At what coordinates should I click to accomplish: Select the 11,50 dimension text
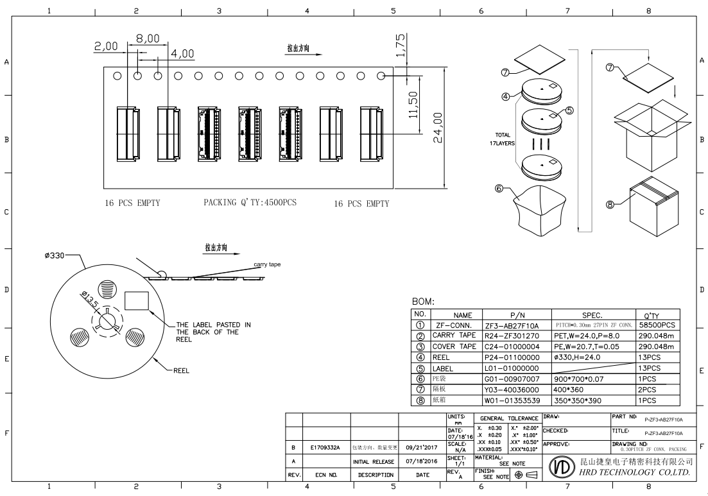(x=414, y=104)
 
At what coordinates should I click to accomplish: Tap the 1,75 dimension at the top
(x=400, y=46)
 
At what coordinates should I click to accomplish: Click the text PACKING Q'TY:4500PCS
(x=250, y=203)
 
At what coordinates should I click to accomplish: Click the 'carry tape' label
(x=267, y=264)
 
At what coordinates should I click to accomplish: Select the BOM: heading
(x=424, y=301)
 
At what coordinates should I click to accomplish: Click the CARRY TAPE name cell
(x=454, y=336)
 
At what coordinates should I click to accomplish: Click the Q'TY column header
(x=652, y=315)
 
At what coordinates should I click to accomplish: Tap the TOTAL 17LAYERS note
(x=503, y=139)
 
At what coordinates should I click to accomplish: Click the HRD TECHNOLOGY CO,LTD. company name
(x=634, y=473)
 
